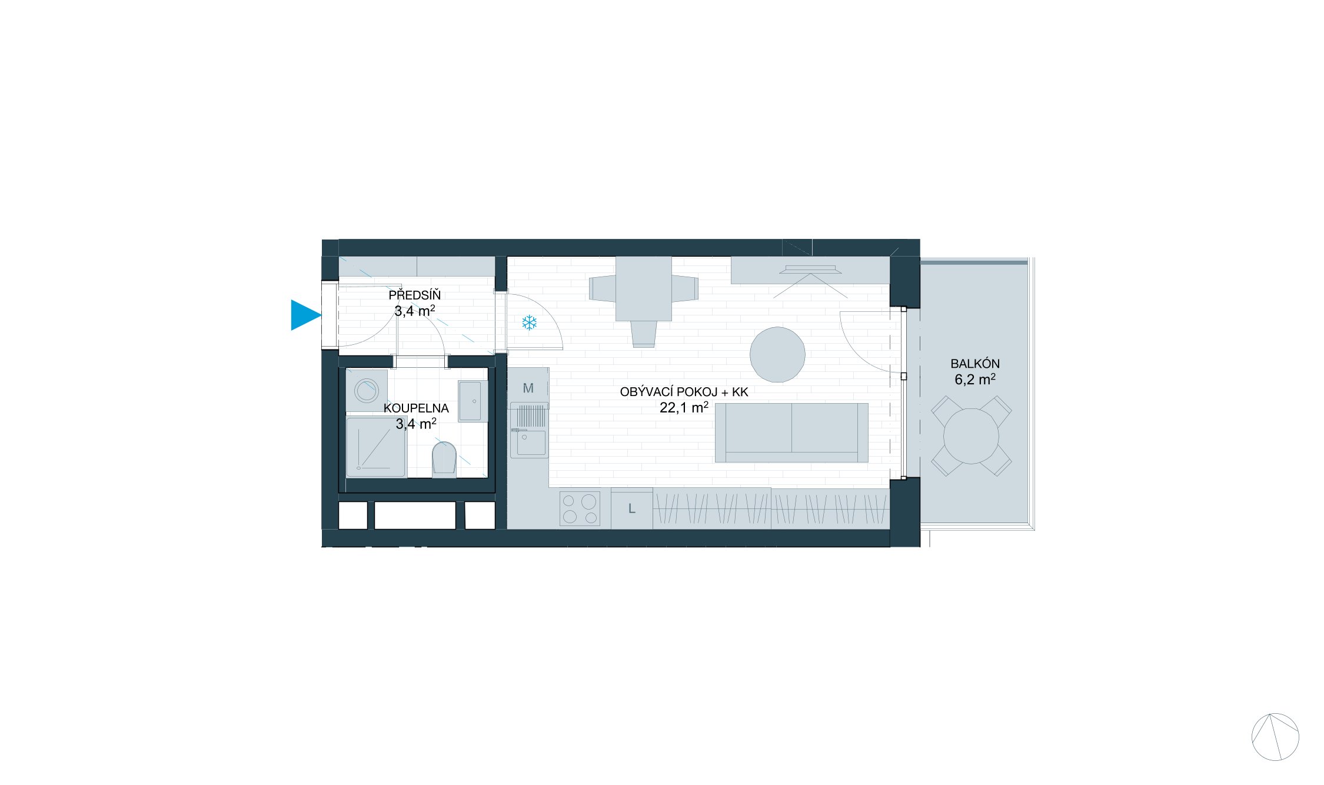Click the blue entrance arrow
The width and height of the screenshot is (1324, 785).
305,315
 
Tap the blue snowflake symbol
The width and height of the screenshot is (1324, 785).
530,322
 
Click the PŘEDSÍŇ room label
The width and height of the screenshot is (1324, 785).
414,295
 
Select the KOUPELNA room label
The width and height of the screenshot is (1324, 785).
416,408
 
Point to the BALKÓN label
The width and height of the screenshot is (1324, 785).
975,364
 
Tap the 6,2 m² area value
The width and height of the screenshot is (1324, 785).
975,380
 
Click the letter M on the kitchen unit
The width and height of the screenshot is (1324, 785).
528,388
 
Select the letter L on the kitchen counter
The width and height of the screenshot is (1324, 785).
631,509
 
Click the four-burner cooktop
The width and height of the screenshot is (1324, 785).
580,509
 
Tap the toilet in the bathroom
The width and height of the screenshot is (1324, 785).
444,459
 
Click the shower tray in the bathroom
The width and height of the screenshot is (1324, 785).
375,447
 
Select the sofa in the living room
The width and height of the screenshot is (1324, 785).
791,433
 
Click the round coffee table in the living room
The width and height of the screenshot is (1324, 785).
777,355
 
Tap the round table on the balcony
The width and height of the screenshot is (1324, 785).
971,436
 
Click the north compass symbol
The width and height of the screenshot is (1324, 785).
1275,737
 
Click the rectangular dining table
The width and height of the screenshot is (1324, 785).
644,288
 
